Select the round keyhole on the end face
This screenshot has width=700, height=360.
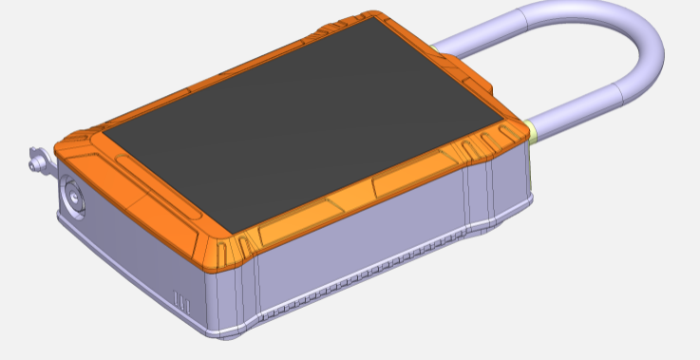(74, 198)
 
